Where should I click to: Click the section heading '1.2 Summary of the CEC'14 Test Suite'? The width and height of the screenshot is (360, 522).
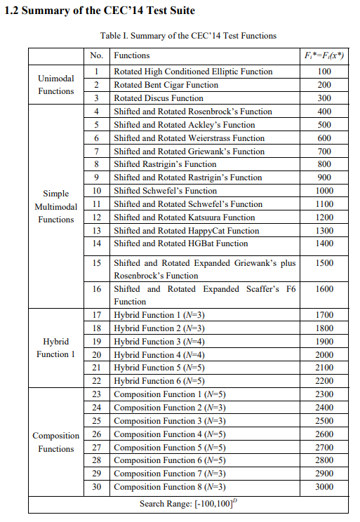point(100,12)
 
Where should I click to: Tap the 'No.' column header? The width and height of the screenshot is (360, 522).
point(98,55)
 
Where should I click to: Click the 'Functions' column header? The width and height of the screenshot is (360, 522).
point(132,55)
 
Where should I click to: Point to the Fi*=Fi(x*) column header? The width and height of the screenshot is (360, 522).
point(324,55)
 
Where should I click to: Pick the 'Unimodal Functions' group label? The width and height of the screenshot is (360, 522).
point(56,85)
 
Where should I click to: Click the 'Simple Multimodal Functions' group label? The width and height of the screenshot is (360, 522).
point(56,207)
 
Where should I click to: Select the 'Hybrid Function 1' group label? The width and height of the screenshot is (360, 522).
point(56,348)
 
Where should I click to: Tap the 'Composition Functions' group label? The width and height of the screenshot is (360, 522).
point(56,442)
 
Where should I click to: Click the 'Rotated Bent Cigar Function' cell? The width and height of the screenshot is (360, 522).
point(166,85)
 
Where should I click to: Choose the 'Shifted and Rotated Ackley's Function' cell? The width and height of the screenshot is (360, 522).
point(185,125)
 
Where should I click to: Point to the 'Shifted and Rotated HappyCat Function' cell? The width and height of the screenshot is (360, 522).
point(187,231)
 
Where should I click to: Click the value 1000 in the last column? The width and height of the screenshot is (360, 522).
point(324,191)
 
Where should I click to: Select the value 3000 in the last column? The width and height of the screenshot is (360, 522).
point(324,487)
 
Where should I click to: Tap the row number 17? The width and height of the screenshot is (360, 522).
point(98,315)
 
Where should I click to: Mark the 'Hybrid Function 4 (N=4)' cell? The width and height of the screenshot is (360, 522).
point(159,354)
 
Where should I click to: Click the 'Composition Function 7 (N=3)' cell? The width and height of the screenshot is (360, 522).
point(169,474)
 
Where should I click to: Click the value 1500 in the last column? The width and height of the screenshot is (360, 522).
point(324,263)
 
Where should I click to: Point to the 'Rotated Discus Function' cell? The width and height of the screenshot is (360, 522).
point(159,98)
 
